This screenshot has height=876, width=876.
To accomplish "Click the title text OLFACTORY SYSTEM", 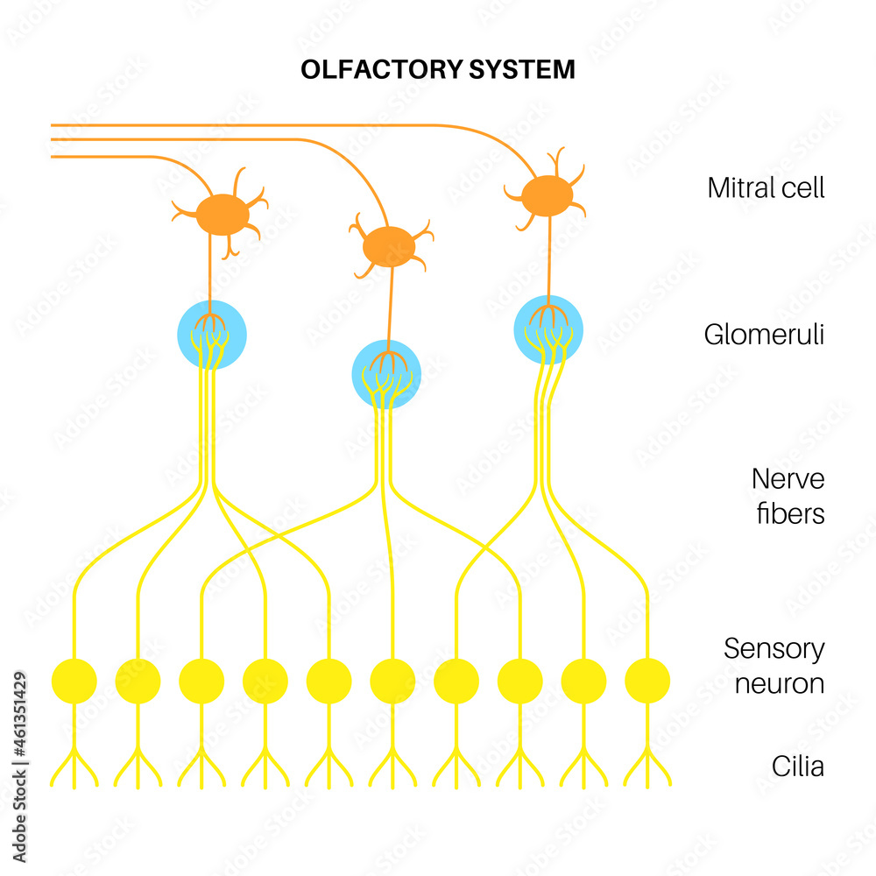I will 438,70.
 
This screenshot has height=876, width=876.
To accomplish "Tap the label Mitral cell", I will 766,187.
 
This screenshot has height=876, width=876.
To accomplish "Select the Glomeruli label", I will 764,335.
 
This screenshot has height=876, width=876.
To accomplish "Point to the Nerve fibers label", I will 788,496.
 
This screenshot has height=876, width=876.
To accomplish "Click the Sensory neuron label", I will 774,666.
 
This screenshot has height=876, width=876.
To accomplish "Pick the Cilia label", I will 797,766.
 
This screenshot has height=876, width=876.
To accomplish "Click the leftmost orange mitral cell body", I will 222,215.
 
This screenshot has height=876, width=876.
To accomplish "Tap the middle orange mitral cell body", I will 390,246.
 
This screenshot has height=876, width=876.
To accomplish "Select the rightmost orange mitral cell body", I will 547,195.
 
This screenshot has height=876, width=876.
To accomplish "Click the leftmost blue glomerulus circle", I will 211,335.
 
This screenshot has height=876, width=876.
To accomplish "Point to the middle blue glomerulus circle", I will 386,374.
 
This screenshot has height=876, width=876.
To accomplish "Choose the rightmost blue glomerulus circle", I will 548,329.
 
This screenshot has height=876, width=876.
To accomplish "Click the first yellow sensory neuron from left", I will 74,681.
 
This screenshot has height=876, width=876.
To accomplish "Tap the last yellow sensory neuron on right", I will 647,681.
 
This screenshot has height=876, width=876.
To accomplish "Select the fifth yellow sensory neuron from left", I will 329,681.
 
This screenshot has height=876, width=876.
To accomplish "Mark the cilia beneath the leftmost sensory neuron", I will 74,766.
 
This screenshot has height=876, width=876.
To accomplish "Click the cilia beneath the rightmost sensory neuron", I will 647,766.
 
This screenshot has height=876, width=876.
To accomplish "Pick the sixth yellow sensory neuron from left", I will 392,681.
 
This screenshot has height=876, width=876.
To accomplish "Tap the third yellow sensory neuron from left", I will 201,681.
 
